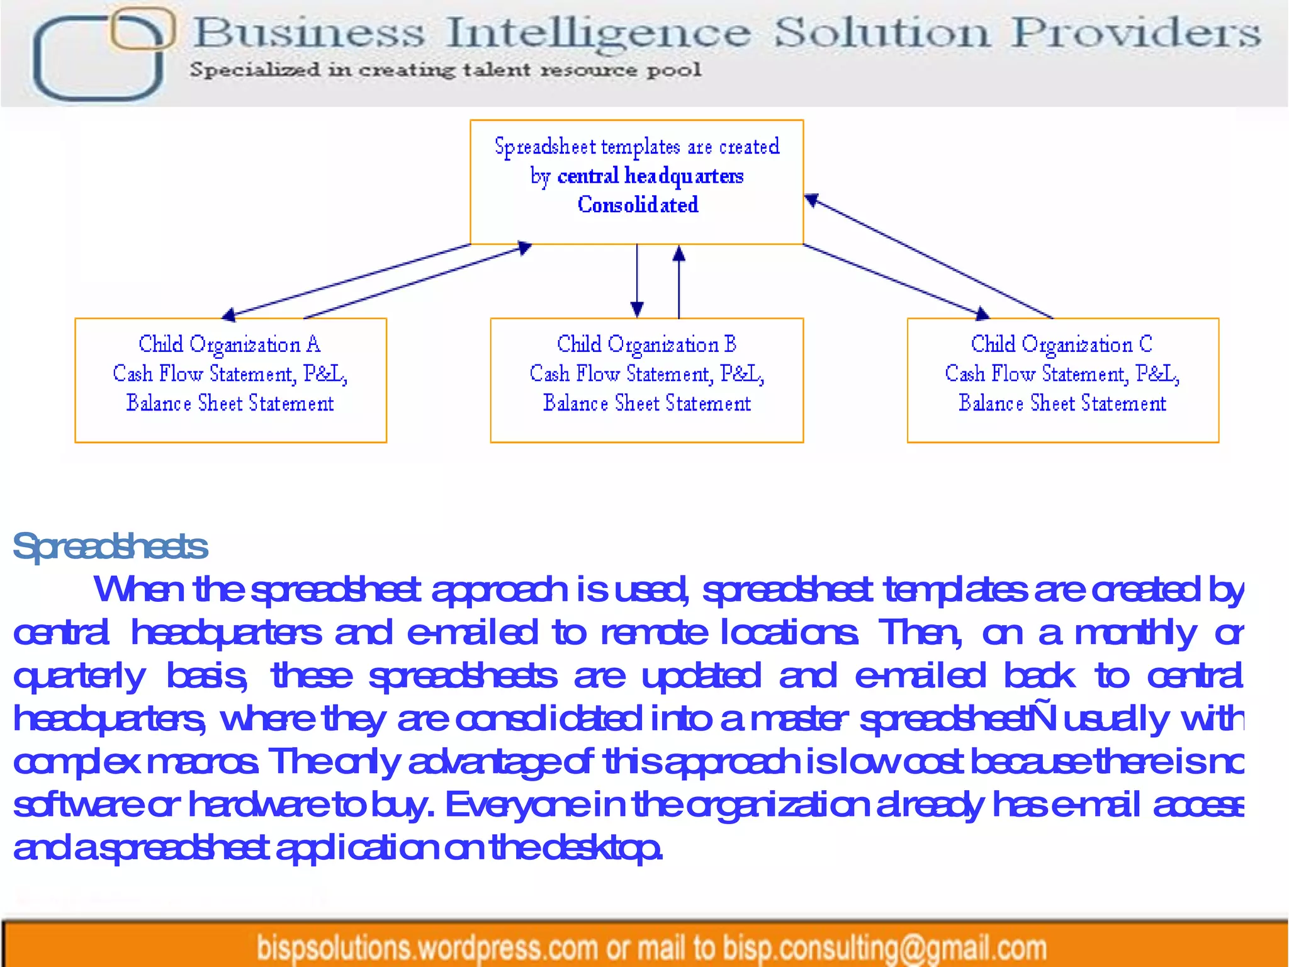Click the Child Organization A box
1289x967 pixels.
click(230, 380)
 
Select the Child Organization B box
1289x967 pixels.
click(646, 380)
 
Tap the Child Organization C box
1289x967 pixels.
click(1062, 380)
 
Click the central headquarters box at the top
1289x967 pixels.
click(636, 181)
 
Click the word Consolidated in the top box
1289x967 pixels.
click(638, 205)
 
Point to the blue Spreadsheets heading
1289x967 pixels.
click(110, 546)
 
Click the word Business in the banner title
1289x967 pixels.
click(308, 33)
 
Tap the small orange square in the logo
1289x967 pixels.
click(142, 29)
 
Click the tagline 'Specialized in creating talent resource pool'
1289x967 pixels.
click(446, 69)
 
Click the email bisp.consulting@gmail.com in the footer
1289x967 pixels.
click(884, 947)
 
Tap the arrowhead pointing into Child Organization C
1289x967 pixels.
click(982, 313)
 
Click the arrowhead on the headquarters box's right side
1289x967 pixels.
click(812, 200)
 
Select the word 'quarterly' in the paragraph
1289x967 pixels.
click(79, 677)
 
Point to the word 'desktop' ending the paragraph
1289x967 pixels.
click(602, 848)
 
